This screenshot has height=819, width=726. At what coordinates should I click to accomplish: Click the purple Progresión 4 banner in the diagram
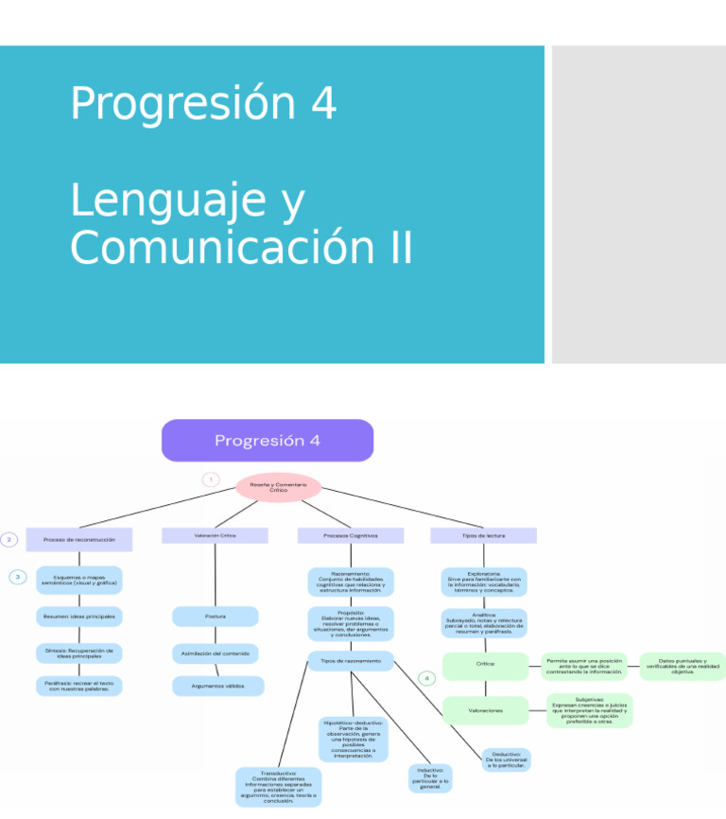click(x=268, y=441)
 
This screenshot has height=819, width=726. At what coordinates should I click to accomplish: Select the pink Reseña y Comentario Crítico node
click(x=278, y=487)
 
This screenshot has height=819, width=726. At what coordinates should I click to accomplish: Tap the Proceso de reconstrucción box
click(x=79, y=539)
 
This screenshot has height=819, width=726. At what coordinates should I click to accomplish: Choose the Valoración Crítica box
click(x=215, y=535)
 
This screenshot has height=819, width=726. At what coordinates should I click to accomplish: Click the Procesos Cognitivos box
click(x=350, y=535)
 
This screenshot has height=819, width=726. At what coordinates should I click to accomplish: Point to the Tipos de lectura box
click(x=483, y=535)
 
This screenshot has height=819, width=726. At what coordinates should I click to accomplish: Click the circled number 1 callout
click(x=212, y=479)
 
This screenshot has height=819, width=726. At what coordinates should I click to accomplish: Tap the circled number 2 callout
click(x=9, y=539)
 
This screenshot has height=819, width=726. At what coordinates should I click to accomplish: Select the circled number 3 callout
click(x=18, y=577)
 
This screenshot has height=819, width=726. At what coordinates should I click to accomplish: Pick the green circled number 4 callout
click(x=427, y=678)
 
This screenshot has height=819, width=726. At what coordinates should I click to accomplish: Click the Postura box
click(x=215, y=617)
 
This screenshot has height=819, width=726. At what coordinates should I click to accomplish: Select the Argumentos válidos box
click(x=217, y=686)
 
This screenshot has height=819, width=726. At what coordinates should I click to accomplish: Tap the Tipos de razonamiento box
click(x=351, y=661)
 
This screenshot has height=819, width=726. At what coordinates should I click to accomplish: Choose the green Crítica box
click(x=485, y=665)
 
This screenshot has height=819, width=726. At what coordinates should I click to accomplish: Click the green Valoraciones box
click(x=485, y=709)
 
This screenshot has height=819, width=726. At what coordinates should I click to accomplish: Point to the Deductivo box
click(x=506, y=758)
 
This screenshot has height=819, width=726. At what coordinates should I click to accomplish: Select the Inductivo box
click(x=430, y=778)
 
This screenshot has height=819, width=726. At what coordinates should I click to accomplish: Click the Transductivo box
click(x=278, y=787)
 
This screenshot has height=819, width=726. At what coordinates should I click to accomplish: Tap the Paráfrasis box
click(x=79, y=686)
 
